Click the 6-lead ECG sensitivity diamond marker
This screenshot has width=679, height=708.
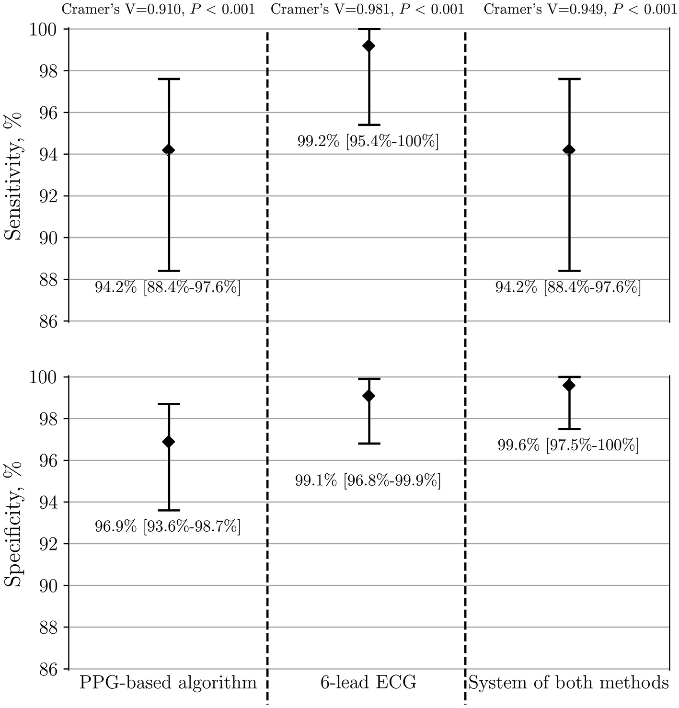[x=369, y=46]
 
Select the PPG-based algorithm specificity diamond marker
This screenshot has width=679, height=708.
[x=169, y=442]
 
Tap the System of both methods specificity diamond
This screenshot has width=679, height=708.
[x=569, y=386]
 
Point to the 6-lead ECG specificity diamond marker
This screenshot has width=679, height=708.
[x=369, y=396]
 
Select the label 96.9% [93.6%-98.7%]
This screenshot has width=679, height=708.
[x=168, y=527]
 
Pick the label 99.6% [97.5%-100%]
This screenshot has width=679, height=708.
[x=568, y=446]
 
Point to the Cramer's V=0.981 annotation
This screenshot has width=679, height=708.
[x=368, y=10]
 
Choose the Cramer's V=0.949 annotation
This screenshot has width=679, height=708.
[x=580, y=10]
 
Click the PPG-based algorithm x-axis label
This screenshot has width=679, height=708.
[x=168, y=683]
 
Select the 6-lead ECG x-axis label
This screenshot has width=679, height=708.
[x=368, y=683]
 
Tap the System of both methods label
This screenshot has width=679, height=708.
[x=569, y=683]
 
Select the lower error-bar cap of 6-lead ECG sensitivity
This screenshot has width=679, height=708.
[x=369, y=125]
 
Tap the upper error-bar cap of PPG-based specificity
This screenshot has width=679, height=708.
[x=169, y=404]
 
